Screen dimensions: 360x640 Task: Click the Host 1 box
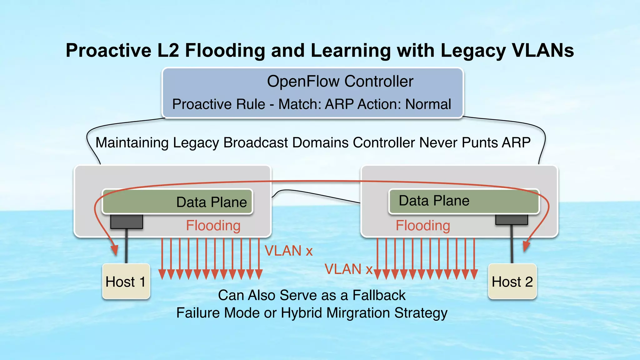pos(126,281)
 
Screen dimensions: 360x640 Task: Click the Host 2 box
pos(512,281)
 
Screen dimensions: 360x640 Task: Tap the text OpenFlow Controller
pos(340,81)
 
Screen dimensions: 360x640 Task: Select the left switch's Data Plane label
pos(212,202)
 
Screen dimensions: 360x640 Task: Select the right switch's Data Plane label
pos(434,201)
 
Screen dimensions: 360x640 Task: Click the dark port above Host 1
pos(127,222)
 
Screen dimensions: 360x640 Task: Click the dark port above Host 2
pos(512,220)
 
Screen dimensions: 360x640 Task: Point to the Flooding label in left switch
pos(213,226)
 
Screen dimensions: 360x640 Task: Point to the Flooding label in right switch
pos(423,226)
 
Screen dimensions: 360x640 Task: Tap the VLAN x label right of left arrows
pos(288,251)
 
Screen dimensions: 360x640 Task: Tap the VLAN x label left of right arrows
pos(348,269)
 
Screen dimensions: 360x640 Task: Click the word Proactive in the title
pos(108,51)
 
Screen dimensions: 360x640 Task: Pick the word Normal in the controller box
pos(428,104)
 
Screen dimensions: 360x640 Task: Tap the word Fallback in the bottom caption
pos(379,295)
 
